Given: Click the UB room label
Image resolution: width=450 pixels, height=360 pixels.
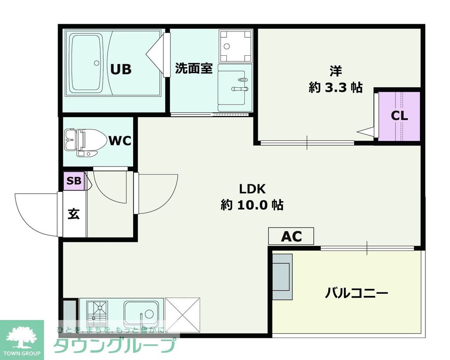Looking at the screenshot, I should pyautogui.click(x=121, y=69).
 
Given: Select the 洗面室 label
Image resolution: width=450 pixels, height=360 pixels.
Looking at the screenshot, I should pyautogui.click(x=194, y=68).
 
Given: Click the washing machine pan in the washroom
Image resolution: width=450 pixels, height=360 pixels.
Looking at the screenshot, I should pyautogui.click(x=236, y=46).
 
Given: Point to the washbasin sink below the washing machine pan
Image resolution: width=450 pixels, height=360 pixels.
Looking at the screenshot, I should pyautogui.click(x=235, y=87).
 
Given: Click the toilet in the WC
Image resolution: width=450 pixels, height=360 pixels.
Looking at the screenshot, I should pyautogui.click(x=83, y=141).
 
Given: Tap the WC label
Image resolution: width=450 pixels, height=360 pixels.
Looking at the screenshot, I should pyautogui.click(x=120, y=141).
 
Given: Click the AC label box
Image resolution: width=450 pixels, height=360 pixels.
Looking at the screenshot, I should pyautogui.click(x=291, y=236).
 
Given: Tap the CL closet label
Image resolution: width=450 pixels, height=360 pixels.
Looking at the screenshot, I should pyautogui.click(x=399, y=116).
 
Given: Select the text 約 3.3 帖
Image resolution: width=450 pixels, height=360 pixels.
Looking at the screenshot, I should pyautogui.click(x=335, y=87).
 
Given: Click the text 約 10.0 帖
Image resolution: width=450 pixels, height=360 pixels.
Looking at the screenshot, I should pyautogui.click(x=252, y=205).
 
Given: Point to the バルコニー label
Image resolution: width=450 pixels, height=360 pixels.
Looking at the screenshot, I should pyautogui.click(x=356, y=293).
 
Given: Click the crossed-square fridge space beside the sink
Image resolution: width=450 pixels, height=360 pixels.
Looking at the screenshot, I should pyautogui.click(x=182, y=313).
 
